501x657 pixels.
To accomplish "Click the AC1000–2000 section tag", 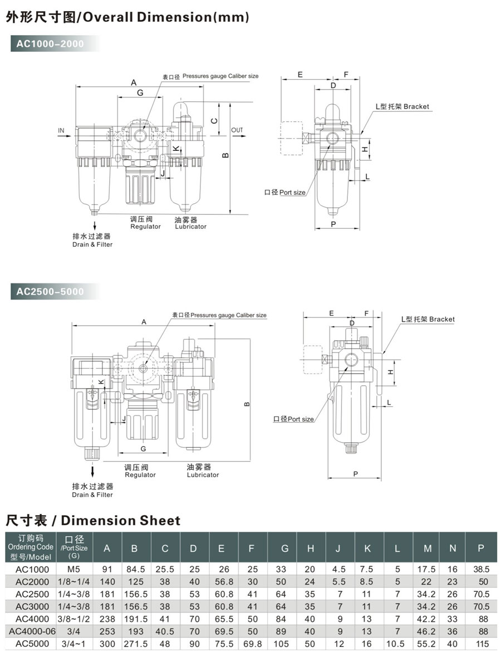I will point(50,44).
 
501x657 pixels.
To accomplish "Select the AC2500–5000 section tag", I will point(50,291).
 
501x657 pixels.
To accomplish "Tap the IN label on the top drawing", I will point(61,131).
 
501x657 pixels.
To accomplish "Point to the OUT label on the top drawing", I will point(237,130).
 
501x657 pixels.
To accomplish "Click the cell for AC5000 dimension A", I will point(107,644).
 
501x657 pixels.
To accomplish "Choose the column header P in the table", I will point(480,548).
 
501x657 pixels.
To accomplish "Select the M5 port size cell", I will point(74,569).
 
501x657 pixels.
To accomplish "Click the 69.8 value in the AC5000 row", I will point(252,644).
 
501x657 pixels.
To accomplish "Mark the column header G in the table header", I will point(284,548).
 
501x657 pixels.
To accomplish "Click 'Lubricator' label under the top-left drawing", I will point(190,227).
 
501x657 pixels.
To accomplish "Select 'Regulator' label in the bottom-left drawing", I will point(140,475).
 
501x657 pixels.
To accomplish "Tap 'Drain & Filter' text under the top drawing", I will point(92,244).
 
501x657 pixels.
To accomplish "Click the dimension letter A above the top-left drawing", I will point(134,82).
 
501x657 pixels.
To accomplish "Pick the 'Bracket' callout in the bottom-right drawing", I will point(441,319).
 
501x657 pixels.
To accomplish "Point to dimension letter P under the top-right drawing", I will point(333,224).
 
